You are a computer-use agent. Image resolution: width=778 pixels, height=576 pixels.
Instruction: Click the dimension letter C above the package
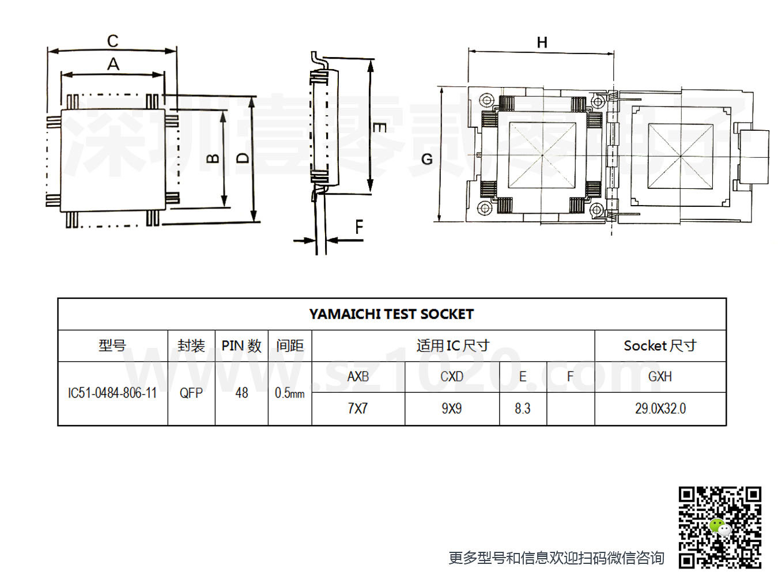[x=112, y=41]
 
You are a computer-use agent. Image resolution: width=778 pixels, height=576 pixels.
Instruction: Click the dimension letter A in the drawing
[x=113, y=64]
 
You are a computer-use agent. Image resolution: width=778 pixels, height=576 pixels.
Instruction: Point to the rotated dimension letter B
[x=213, y=159]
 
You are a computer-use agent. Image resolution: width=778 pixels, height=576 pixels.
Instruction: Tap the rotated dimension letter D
[x=243, y=159]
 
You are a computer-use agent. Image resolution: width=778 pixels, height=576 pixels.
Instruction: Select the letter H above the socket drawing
[x=542, y=43]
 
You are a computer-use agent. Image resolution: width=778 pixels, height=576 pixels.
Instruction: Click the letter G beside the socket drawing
[x=427, y=160]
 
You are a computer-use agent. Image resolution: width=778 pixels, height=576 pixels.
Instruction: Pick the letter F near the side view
[x=359, y=227]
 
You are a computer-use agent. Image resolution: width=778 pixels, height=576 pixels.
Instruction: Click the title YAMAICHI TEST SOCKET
[x=391, y=314]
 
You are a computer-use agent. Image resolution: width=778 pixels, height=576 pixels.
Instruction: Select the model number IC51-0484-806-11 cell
[x=112, y=393]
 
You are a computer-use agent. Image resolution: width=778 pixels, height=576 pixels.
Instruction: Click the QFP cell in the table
[x=191, y=393]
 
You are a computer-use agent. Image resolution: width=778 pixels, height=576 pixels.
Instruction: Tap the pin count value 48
[x=241, y=393]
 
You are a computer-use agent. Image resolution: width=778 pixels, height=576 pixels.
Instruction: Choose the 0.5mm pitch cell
[x=290, y=393]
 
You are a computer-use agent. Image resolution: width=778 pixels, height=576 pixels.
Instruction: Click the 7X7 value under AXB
[x=358, y=408]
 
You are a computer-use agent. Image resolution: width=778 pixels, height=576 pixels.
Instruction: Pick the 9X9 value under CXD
[x=452, y=408]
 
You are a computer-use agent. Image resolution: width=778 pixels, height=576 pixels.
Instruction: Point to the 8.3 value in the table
[x=523, y=408]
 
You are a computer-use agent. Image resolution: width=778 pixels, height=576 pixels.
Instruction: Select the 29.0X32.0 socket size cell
[x=660, y=408]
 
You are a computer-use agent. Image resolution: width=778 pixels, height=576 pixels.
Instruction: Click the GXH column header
[x=660, y=377]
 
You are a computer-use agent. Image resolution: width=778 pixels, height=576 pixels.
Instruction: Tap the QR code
[x=720, y=527]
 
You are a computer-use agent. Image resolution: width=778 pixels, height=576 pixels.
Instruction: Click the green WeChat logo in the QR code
[x=720, y=527]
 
